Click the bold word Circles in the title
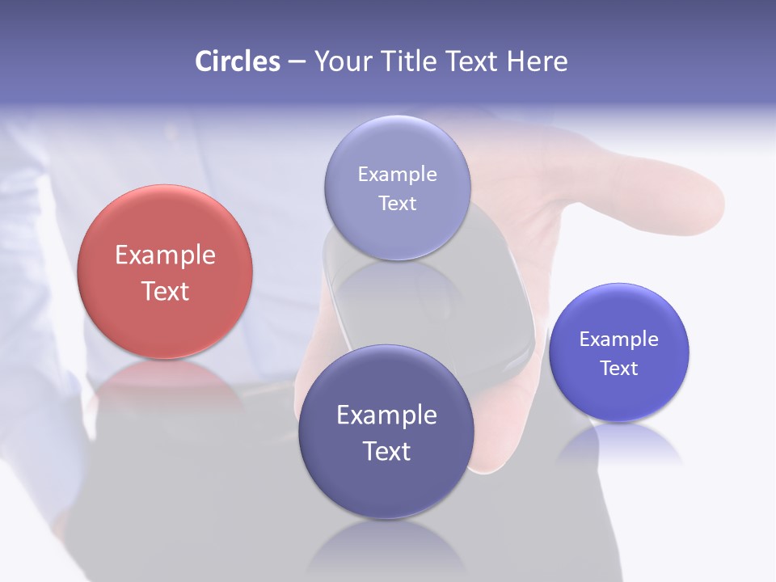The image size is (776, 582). pos(237,61)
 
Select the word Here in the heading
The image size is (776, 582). pos(537,61)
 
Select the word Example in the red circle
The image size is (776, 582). pos(165,255)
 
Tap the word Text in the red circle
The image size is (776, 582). pos(165,291)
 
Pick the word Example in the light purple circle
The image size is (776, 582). pos(397,174)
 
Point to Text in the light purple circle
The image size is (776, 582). pos(397,203)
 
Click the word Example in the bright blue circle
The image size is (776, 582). pos(619,339)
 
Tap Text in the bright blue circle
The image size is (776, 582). pos(619,368)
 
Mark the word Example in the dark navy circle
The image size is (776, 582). pos(386,415)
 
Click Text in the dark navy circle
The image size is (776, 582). pos(386,450)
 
